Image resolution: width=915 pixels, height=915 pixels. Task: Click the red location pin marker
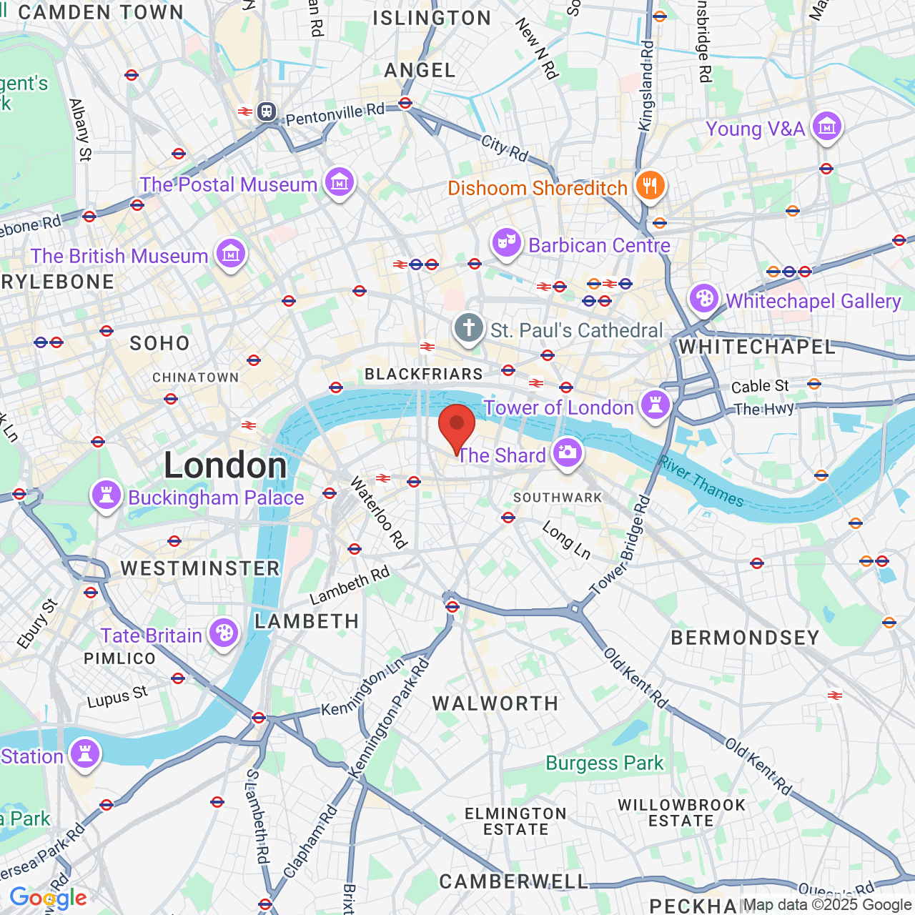click(x=456, y=426)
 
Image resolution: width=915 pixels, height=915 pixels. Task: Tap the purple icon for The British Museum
click(x=231, y=254)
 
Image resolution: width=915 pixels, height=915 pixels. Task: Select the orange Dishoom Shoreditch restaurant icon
click(x=650, y=186)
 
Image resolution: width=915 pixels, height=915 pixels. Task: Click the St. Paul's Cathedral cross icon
click(x=469, y=329)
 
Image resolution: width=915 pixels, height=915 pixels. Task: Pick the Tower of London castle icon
click(x=655, y=405)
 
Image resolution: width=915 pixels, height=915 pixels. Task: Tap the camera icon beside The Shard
click(x=568, y=452)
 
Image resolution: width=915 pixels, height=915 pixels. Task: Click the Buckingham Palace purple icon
click(x=106, y=495)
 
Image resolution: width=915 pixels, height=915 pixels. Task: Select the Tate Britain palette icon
click(x=224, y=633)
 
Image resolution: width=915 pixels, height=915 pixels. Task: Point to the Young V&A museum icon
click(x=827, y=127)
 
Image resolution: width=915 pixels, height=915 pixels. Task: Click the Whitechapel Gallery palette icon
click(x=703, y=299)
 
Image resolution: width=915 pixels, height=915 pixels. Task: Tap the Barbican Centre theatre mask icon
click(x=506, y=244)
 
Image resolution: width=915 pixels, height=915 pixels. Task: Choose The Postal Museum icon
click(x=339, y=183)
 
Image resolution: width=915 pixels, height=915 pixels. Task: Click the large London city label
click(x=225, y=465)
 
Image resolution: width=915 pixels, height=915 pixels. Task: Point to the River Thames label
click(x=701, y=481)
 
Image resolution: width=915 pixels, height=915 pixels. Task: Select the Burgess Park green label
click(x=605, y=763)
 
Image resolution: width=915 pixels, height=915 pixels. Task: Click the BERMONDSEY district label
click(x=745, y=638)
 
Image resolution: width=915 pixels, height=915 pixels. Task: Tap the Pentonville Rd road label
click(x=335, y=114)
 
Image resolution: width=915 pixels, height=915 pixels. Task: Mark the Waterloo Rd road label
click(x=378, y=513)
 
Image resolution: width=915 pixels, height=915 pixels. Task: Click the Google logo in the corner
click(x=48, y=898)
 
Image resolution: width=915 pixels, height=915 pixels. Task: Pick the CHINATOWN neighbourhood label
click(x=196, y=377)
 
